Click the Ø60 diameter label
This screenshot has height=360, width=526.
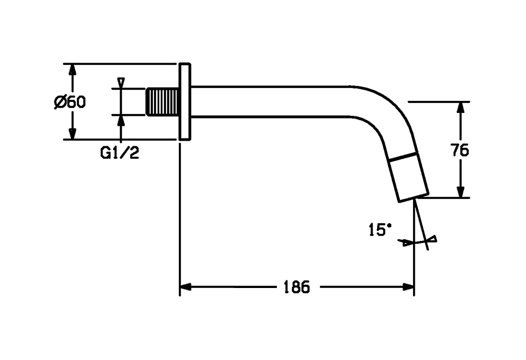point(70,102)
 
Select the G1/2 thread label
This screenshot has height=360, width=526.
point(120,153)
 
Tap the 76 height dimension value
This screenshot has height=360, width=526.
point(460,150)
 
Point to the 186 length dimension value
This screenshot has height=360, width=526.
point(297,287)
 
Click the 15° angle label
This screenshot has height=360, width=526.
point(380,229)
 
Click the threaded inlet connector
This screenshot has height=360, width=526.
point(162,102)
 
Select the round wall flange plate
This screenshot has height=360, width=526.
point(185,101)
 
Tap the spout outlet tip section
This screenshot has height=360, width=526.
point(409,177)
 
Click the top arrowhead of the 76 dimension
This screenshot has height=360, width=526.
point(461,109)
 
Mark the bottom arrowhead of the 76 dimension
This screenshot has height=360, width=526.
point(461,190)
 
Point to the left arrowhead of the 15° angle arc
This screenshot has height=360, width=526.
point(406,242)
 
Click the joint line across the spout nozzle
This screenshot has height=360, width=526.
point(403,156)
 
